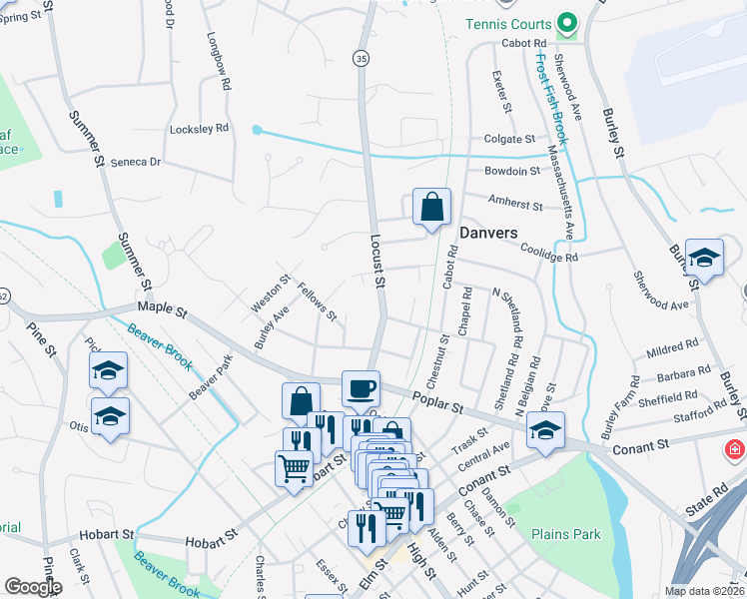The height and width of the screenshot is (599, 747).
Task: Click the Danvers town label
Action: [x=488, y=233]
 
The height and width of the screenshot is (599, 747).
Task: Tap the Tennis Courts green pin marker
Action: [x=567, y=22]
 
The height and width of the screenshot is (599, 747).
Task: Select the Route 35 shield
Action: [x=362, y=60]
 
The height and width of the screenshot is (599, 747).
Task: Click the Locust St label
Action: [x=377, y=262]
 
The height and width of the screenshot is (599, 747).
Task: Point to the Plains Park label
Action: [x=566, y=534]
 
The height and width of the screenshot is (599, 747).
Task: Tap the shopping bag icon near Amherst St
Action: [x=431, y=208]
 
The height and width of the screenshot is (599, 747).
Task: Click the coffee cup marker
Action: [x=361, y=388]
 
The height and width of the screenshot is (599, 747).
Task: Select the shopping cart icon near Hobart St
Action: [x=294, y=467]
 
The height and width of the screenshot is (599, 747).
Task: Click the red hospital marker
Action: [x=736, y=448]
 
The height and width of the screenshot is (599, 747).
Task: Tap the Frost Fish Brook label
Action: [x=549, y=96]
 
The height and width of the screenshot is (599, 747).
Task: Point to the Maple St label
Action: [x=163, y=311]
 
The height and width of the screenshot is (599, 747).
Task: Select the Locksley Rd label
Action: [x=200, y=129]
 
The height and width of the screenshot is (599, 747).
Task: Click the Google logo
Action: [x=33, y=587]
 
